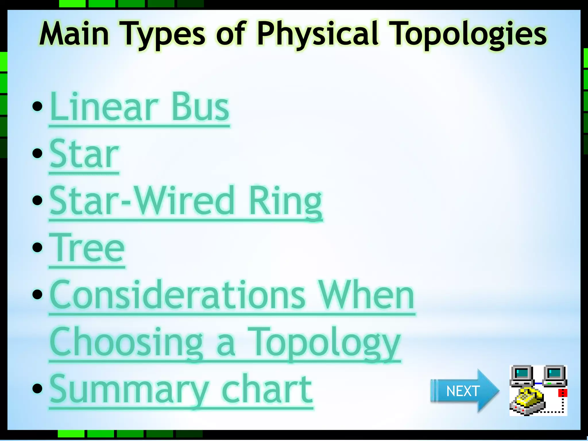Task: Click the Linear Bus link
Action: [x=139, y=108]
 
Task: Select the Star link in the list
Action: [x=84, y=154]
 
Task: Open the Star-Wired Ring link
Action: [x=185, y=202]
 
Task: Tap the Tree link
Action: [x=87, y=249]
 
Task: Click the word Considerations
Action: [x=177, y=296]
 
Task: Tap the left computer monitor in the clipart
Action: [x=522, y=374]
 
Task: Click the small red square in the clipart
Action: [x=562, y=393]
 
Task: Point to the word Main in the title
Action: [x=74, y=34]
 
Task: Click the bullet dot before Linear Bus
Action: [x=37, y=106]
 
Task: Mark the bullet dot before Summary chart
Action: [x=37, y=388]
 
